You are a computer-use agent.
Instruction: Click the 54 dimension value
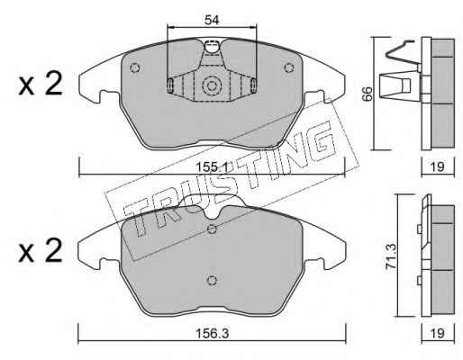click(x=212, y=20)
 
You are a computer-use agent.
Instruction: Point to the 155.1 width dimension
click(x=212, y=166)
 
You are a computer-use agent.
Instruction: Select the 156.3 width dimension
click(x=212, y=333)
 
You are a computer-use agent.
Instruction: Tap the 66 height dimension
click(x=368, y=94)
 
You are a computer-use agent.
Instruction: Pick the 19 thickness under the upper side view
click(x=437, y=166)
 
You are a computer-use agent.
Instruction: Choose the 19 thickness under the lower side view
click(x=438, y=333)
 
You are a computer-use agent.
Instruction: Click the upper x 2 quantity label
click(x=41, y=84)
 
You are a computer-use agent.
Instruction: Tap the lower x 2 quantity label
click(x=41, y=251)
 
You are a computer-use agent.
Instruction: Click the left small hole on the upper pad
click(x=135, y=67)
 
